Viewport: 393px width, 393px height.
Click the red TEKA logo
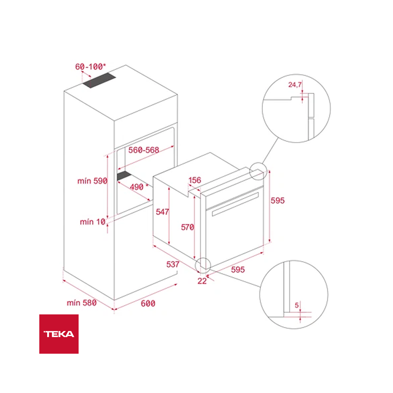tap(59, 334)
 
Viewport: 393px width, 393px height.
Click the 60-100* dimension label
tap(91, 66)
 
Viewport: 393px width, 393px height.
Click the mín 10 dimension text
tap(93, 222)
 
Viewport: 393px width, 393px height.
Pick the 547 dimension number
tap(162, 212)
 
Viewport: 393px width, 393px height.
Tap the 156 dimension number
tap(195, 180)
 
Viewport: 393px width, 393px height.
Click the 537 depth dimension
tap(173, 264)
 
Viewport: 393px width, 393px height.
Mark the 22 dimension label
tap(202, 281)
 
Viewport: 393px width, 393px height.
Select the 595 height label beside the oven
tap(277, 200)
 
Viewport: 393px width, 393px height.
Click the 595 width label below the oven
tap(238, 270)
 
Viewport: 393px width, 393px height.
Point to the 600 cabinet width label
tap(148, 303)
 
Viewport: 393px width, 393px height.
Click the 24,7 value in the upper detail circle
tap(295, 84)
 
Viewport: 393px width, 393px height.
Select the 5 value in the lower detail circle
tap(297, 305)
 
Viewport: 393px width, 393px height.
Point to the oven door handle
tap(235, 204)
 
